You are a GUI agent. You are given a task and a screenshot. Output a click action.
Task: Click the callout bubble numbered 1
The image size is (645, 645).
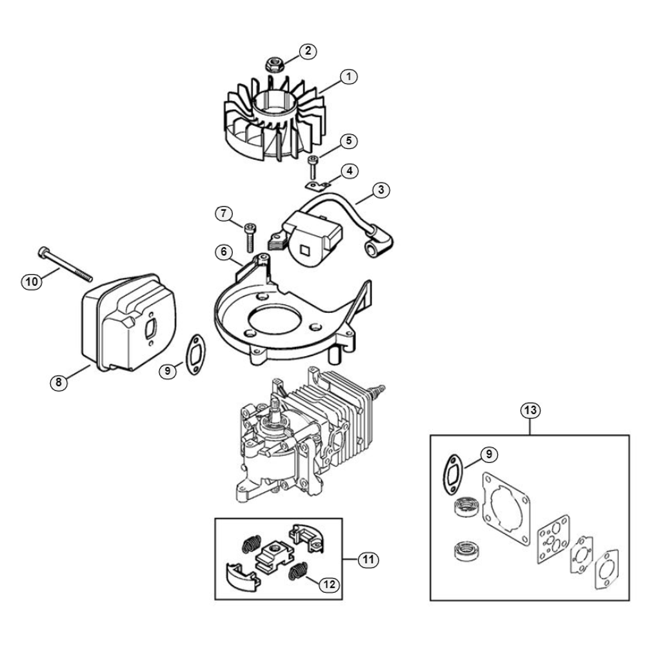[349, 77]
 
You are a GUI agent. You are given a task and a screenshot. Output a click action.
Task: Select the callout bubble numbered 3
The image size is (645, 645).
[381, 190]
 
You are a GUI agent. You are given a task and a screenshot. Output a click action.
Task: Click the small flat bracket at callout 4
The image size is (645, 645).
[319, 186]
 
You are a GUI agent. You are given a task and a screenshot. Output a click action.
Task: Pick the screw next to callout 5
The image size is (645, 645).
[313, 166]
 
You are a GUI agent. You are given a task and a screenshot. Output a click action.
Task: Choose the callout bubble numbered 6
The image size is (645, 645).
[224, 252]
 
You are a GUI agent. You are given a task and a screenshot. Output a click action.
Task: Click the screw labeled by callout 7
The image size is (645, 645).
[250, 237]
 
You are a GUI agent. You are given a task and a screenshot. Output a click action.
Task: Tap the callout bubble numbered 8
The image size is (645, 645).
[59, 382]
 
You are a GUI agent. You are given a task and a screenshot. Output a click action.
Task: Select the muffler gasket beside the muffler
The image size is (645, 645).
[194, 353]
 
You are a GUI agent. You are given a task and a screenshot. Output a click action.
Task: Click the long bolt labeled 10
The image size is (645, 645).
[65, 264]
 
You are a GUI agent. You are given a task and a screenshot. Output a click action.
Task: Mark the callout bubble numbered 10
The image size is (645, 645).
[31, 282]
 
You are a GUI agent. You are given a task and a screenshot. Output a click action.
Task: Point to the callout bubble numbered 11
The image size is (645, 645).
[368, 559]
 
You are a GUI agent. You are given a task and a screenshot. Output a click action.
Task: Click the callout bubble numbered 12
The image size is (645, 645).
[329, 584]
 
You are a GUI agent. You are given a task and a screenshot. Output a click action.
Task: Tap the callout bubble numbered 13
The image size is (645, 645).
[530, 410]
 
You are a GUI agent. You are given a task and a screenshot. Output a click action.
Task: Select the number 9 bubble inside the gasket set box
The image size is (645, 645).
[489, 454]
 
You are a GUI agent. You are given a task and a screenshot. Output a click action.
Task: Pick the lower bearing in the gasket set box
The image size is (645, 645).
[467, 551]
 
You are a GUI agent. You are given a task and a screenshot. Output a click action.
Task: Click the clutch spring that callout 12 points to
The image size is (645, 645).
[298, 571]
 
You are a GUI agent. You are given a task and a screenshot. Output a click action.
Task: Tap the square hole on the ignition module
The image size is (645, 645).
[306, 249]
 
